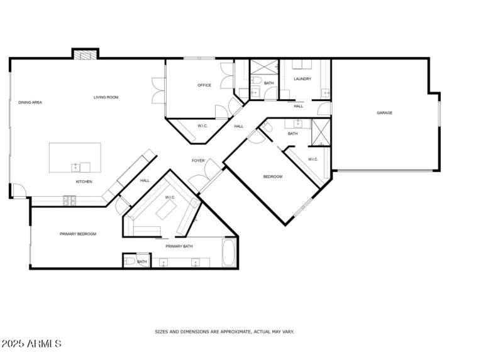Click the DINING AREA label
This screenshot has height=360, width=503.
point(30,102)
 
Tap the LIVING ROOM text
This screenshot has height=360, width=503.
point(106,97)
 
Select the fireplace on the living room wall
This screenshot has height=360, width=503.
point(85,55)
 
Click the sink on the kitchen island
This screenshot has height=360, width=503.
point(75,167)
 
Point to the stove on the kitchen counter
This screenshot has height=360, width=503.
point(69,200)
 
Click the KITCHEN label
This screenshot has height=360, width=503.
point(84,182)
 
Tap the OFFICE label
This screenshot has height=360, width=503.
point(204,85)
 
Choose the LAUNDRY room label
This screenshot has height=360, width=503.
point(302,79)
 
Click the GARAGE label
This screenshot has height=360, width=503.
point(385,113)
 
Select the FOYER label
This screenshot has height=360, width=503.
point(199,161)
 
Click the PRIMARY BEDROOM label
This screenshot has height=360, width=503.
point(78,234)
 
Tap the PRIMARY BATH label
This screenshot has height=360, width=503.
point(179,246)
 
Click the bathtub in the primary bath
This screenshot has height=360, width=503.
point(229,254)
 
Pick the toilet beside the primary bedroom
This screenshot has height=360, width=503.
point(128,261)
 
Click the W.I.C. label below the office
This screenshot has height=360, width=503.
point(202,126)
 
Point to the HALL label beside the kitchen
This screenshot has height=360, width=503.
point(145,181)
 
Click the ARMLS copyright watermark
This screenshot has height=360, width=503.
point(31,344)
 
